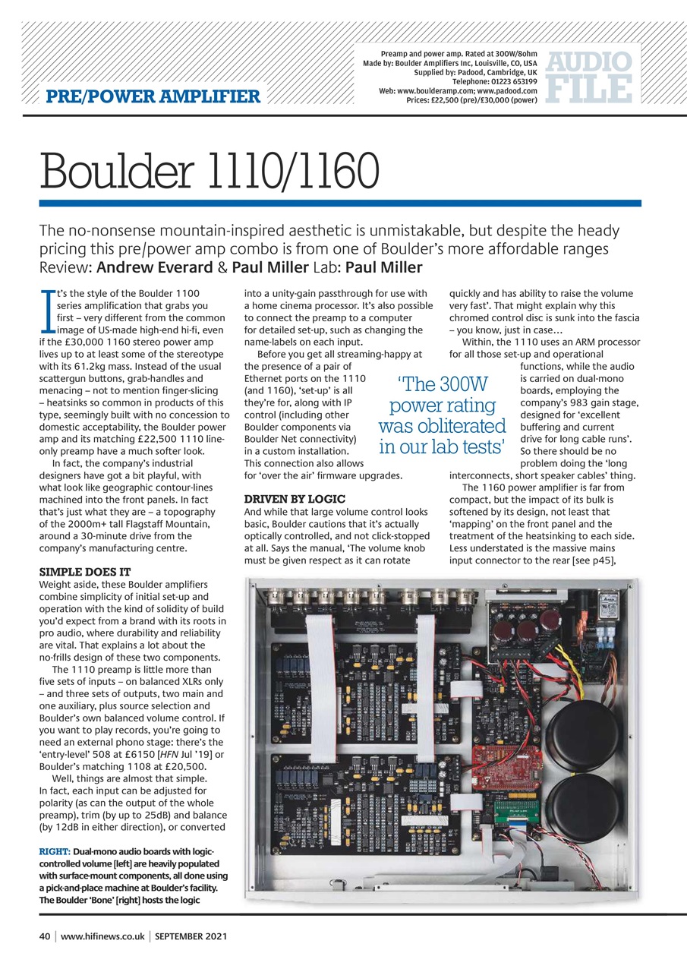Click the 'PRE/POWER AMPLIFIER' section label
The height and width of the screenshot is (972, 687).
point(153,96)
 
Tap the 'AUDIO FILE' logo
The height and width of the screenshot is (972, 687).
point(590,76)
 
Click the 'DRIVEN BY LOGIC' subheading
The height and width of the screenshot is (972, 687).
point(295,499)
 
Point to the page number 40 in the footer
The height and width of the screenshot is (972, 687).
point(45,936)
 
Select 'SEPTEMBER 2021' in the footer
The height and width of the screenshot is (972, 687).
point(191,936)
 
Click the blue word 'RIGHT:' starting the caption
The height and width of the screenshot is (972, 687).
point(55,850)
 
